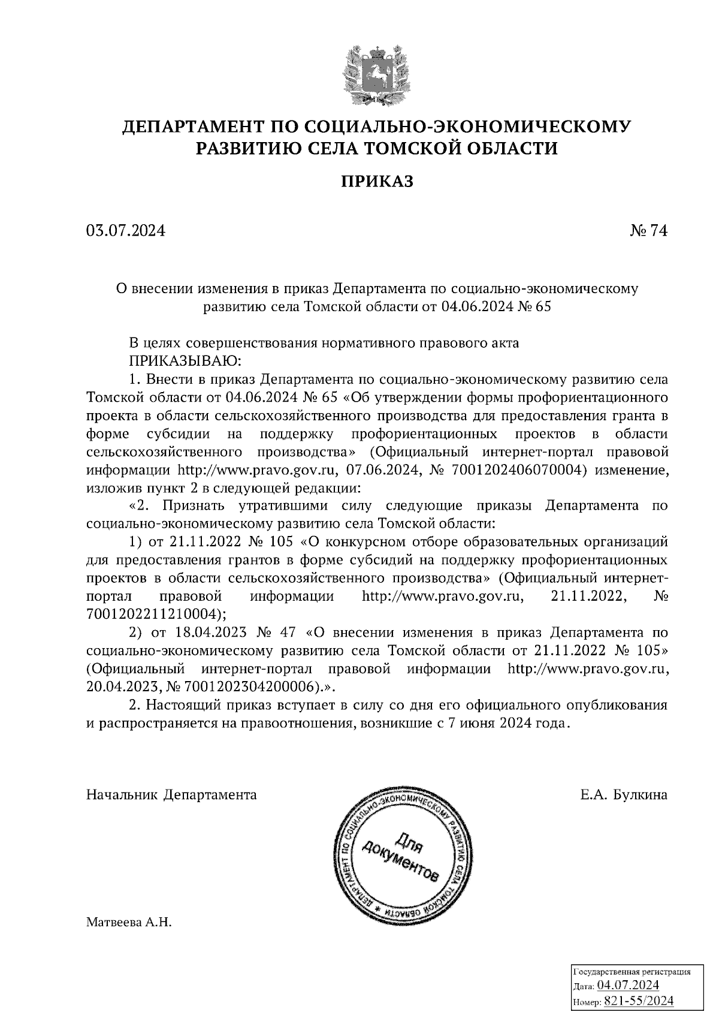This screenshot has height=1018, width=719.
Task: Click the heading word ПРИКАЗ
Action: (377, 181)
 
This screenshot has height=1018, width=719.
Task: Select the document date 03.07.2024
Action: (125, 231)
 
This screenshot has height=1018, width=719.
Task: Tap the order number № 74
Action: (648, 231)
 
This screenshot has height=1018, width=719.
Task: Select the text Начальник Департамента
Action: (171, 795)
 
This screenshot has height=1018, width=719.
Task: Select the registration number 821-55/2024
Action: (639, 1001)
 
